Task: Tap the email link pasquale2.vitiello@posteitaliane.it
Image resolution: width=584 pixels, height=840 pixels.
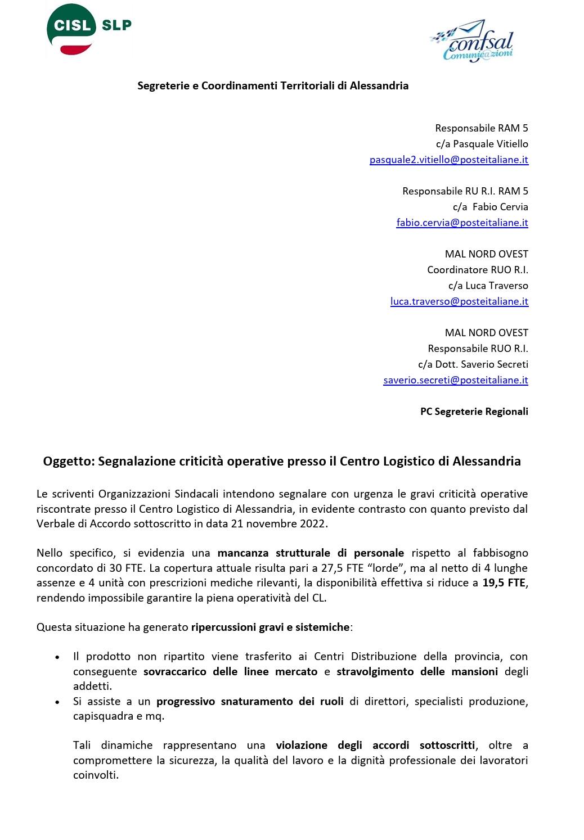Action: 448,160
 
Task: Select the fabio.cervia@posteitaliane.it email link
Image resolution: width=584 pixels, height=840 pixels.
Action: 462,223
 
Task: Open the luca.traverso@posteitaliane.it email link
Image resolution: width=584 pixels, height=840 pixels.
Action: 459,301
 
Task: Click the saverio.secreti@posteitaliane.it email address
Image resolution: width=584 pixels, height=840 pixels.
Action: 456,380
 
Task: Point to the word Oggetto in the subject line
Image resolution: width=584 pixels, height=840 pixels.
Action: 68,462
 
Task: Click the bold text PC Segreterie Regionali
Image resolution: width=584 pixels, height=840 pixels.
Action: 474,412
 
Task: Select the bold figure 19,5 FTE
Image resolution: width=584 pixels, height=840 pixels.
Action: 505,583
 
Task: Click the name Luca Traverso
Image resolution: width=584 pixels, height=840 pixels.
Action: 496,286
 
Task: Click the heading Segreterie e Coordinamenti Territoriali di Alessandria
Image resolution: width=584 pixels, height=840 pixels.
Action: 273,86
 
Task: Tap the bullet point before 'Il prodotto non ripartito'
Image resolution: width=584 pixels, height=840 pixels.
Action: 57,657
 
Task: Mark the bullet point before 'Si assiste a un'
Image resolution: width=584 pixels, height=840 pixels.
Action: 57,702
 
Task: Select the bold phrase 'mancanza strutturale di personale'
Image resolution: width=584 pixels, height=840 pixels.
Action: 311,553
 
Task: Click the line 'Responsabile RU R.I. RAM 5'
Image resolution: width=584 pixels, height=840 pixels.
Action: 465,191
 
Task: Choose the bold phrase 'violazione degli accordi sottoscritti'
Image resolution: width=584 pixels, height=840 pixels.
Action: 375,746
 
